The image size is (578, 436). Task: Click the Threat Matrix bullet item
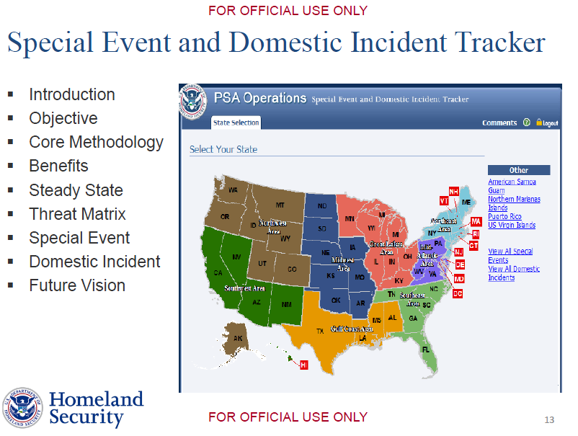(x=77, y=214)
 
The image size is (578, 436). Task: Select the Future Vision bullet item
(x=77, y=285)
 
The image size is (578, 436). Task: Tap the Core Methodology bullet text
(x=96, y=143)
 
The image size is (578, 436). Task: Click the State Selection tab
(x=236, y=123)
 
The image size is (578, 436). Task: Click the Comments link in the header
(x=499, y=123)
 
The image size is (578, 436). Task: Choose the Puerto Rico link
(x=504, y=216)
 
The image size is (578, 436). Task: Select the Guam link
(x=497, y=190)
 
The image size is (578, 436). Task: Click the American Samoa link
(x=512, y=182)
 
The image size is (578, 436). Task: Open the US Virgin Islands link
(x=512, y=225)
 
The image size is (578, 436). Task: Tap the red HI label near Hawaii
(x=303, y=365)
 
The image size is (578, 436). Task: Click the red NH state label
(x=453, y=191)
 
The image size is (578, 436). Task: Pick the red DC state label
(x=457, y=293)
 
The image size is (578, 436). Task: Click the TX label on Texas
(x=320, y=331)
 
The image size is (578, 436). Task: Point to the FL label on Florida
(x=425, y=350)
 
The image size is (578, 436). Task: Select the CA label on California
(x=218, y=272)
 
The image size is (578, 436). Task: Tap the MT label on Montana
(x=280, y=205)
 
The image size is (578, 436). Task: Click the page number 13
(x=549, y=420)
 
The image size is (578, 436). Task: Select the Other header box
(x=518, y=170)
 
